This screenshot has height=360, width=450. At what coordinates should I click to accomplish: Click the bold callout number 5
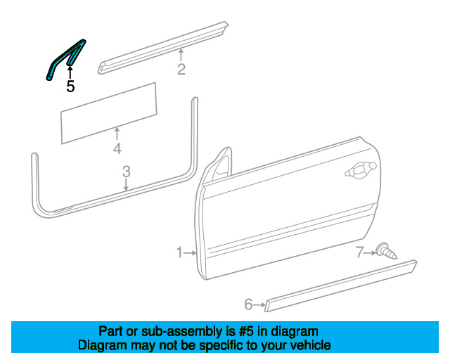click(x=70, y=86)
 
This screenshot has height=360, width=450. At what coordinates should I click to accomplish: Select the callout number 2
click(x=181, y=69)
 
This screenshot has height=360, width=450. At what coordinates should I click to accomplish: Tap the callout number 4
click(x=117, y=148)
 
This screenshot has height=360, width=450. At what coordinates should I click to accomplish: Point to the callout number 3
click(x=127, y=172)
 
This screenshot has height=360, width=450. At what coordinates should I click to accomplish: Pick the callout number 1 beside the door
click(x=179, y=252)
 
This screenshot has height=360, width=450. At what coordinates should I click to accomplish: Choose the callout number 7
click(x=360, y=252)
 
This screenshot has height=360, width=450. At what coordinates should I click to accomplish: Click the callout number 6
click(x=248, y=304)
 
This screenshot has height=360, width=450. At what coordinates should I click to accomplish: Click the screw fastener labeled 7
click(x=387, y=251)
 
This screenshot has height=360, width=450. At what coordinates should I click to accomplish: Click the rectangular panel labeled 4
click(x=109, y=113)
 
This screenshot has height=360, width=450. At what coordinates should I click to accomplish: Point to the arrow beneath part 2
click(x=181, y=55)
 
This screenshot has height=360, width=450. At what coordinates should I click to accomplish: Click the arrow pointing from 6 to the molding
click(x=259, y=304)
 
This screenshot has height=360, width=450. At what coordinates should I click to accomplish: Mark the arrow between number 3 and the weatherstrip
click(x=126, y=184)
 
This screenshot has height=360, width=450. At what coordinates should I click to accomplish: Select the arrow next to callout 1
click(x=190, y=253)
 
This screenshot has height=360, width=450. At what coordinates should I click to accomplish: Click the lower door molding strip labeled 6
click(x=340, y=286)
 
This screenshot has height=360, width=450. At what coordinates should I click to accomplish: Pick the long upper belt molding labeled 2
click(x=163, y=48)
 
